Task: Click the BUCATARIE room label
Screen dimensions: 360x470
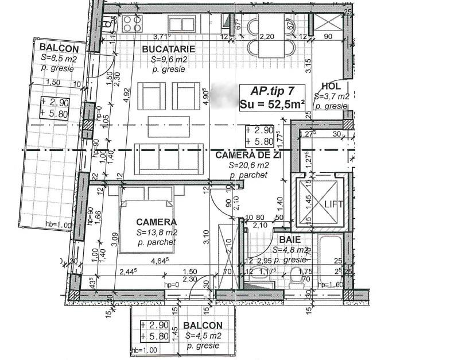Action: click(x=169, y=49)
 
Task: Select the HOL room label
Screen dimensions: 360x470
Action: click(x=331, y=85)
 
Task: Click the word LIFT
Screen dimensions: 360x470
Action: click(x=334, y=204)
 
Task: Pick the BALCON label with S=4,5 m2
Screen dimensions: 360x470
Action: click(x=203, y=326)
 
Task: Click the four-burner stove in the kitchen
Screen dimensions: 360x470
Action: click(x=131, y=23)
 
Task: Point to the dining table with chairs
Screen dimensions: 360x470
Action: click(x=269, y=36)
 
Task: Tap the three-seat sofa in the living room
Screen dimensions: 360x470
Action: click(x=169, y=158)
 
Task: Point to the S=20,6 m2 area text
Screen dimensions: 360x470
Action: click(x=248, y=165)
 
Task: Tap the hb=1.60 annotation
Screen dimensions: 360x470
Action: click(x=331, y=285)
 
